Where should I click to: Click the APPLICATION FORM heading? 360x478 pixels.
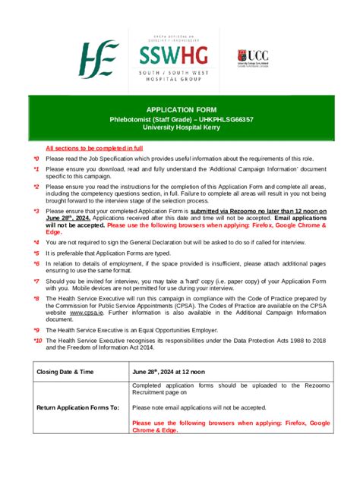click(179, 110)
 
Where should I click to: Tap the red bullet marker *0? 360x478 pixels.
click(36, 159)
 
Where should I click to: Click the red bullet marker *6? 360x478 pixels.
click(36, 263)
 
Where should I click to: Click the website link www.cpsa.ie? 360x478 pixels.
click(87, 311)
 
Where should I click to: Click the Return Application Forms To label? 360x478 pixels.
click(77, 407)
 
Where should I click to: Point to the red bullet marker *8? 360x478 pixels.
click(36, 298)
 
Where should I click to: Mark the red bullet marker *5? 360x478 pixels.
click(36, 253)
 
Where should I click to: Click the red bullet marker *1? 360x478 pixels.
click(36, 169)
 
